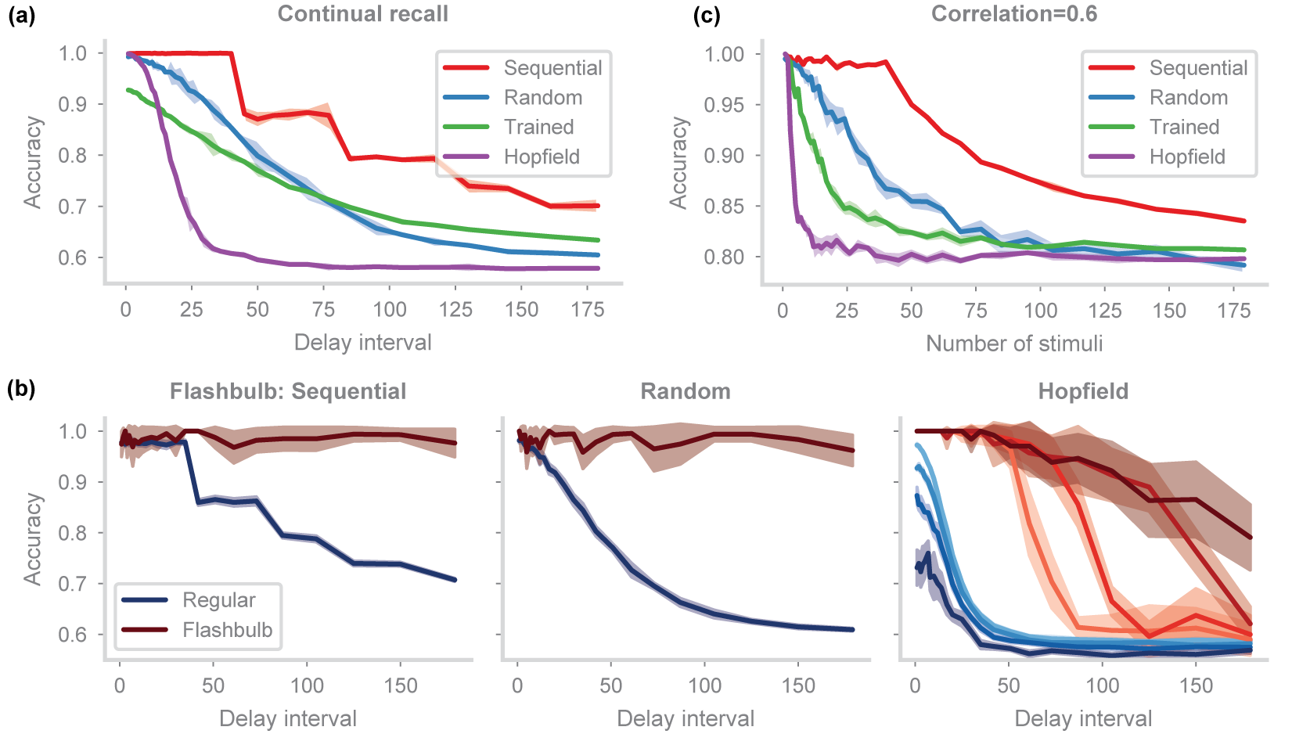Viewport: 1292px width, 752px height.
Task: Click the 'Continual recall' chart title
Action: point(363,14)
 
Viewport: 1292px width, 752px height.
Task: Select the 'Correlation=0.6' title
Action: point(1014,14)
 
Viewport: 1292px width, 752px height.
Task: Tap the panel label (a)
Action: point(21,15)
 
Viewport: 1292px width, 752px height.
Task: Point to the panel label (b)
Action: point(21,389)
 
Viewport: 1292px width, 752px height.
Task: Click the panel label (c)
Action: point(707,15)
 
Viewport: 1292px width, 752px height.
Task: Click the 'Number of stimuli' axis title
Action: point(1014,344)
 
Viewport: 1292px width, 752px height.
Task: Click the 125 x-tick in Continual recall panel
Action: point(455,310)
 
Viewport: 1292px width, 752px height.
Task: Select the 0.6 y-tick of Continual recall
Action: point(72,258)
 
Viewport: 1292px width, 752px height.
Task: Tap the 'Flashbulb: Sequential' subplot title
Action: point(288,391)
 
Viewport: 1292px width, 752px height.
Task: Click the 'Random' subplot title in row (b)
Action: point(686,391)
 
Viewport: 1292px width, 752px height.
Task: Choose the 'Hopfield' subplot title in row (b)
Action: point(1083,391)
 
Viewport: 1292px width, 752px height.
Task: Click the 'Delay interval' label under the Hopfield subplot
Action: point(1083,718)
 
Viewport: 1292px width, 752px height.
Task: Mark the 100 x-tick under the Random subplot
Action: point(704,686)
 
